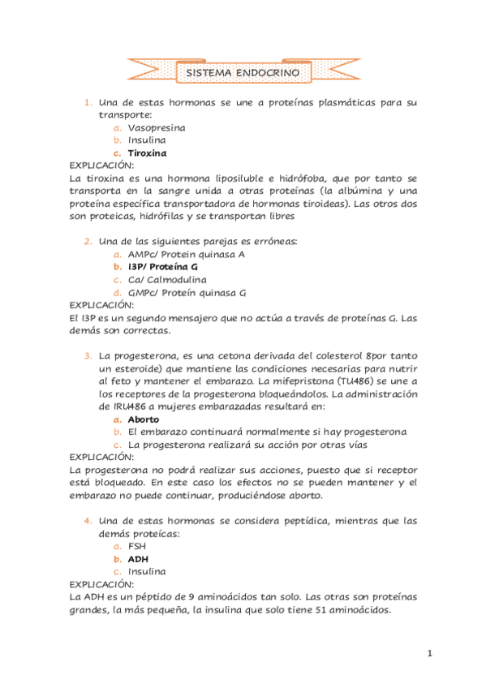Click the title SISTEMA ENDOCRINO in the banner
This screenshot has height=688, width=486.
tap(243, 73)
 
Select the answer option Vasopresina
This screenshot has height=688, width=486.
tap(157, 127)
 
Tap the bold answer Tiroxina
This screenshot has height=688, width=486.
tap(147, 153)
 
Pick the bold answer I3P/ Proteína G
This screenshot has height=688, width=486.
tap(162, 266)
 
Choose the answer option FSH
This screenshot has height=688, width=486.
tap(137, 546)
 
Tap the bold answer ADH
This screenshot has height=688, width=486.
tap(138, 559)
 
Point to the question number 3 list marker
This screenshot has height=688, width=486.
tap(88, 356)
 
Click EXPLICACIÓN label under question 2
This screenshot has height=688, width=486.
tap(101, 305)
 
